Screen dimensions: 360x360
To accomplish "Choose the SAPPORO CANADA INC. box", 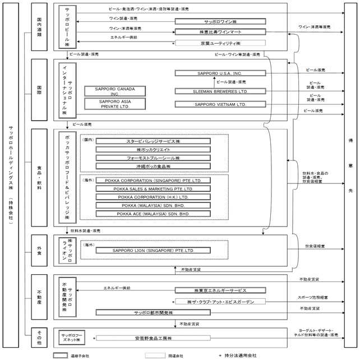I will [x=114, y=91].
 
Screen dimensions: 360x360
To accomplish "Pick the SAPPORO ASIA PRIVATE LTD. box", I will [x=114, y=103].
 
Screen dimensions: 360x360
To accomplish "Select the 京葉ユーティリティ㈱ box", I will [x=221, y=43].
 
